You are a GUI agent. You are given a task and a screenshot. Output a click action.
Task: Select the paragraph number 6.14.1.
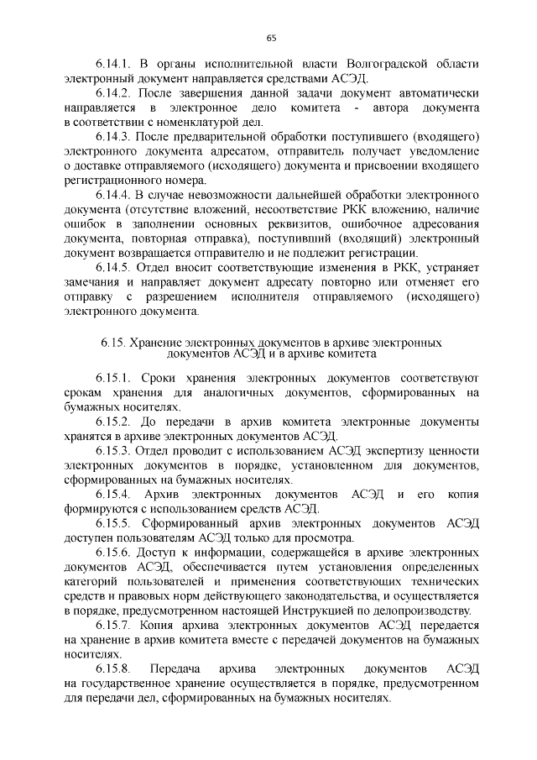112,64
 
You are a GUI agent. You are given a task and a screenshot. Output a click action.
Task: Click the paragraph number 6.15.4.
112,495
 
